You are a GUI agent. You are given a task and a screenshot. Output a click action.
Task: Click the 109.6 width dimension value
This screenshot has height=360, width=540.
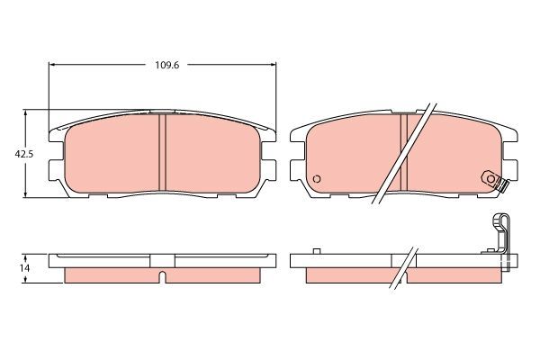(x=163, y=65)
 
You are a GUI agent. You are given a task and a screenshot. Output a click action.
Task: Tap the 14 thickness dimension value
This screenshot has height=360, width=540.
(x=24, y=268)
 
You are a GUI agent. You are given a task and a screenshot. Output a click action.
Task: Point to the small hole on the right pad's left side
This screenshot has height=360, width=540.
(x=316, y=178)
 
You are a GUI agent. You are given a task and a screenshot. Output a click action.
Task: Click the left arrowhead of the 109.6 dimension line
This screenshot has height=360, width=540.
(x=52, y=65)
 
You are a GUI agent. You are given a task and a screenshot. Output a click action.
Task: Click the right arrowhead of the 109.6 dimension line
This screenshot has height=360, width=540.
(x=274, y=65)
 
